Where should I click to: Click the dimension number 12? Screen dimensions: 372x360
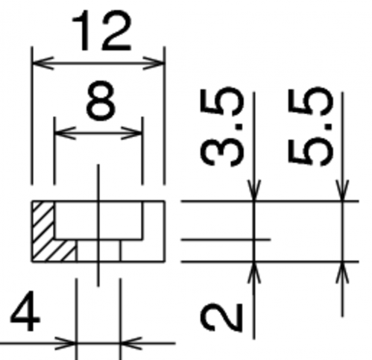pos(101,30)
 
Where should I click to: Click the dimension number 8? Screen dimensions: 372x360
pos(101,101)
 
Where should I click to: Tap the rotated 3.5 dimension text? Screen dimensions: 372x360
pos(221,126)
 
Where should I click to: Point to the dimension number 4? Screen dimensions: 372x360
pos(25,311)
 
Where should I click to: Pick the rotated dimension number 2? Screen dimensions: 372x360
pos(221,318)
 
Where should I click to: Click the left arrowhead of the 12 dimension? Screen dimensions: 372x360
pos(42,63)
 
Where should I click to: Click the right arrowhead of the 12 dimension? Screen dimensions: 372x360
pos(154,63)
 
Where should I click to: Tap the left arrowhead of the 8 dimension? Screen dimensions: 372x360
pos(65,133)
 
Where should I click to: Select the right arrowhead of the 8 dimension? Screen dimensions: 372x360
pos(132,133)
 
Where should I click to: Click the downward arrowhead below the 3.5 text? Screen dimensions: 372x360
pos(253,190)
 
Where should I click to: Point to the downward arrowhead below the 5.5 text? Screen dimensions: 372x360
pos(342,190)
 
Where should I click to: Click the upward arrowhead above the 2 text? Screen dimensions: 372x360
pos(253,272)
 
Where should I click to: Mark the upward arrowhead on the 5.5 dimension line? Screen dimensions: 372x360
pos(342,272)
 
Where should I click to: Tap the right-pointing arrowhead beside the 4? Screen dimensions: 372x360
pos(65,344)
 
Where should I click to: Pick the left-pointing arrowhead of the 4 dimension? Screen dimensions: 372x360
pos(131,344)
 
